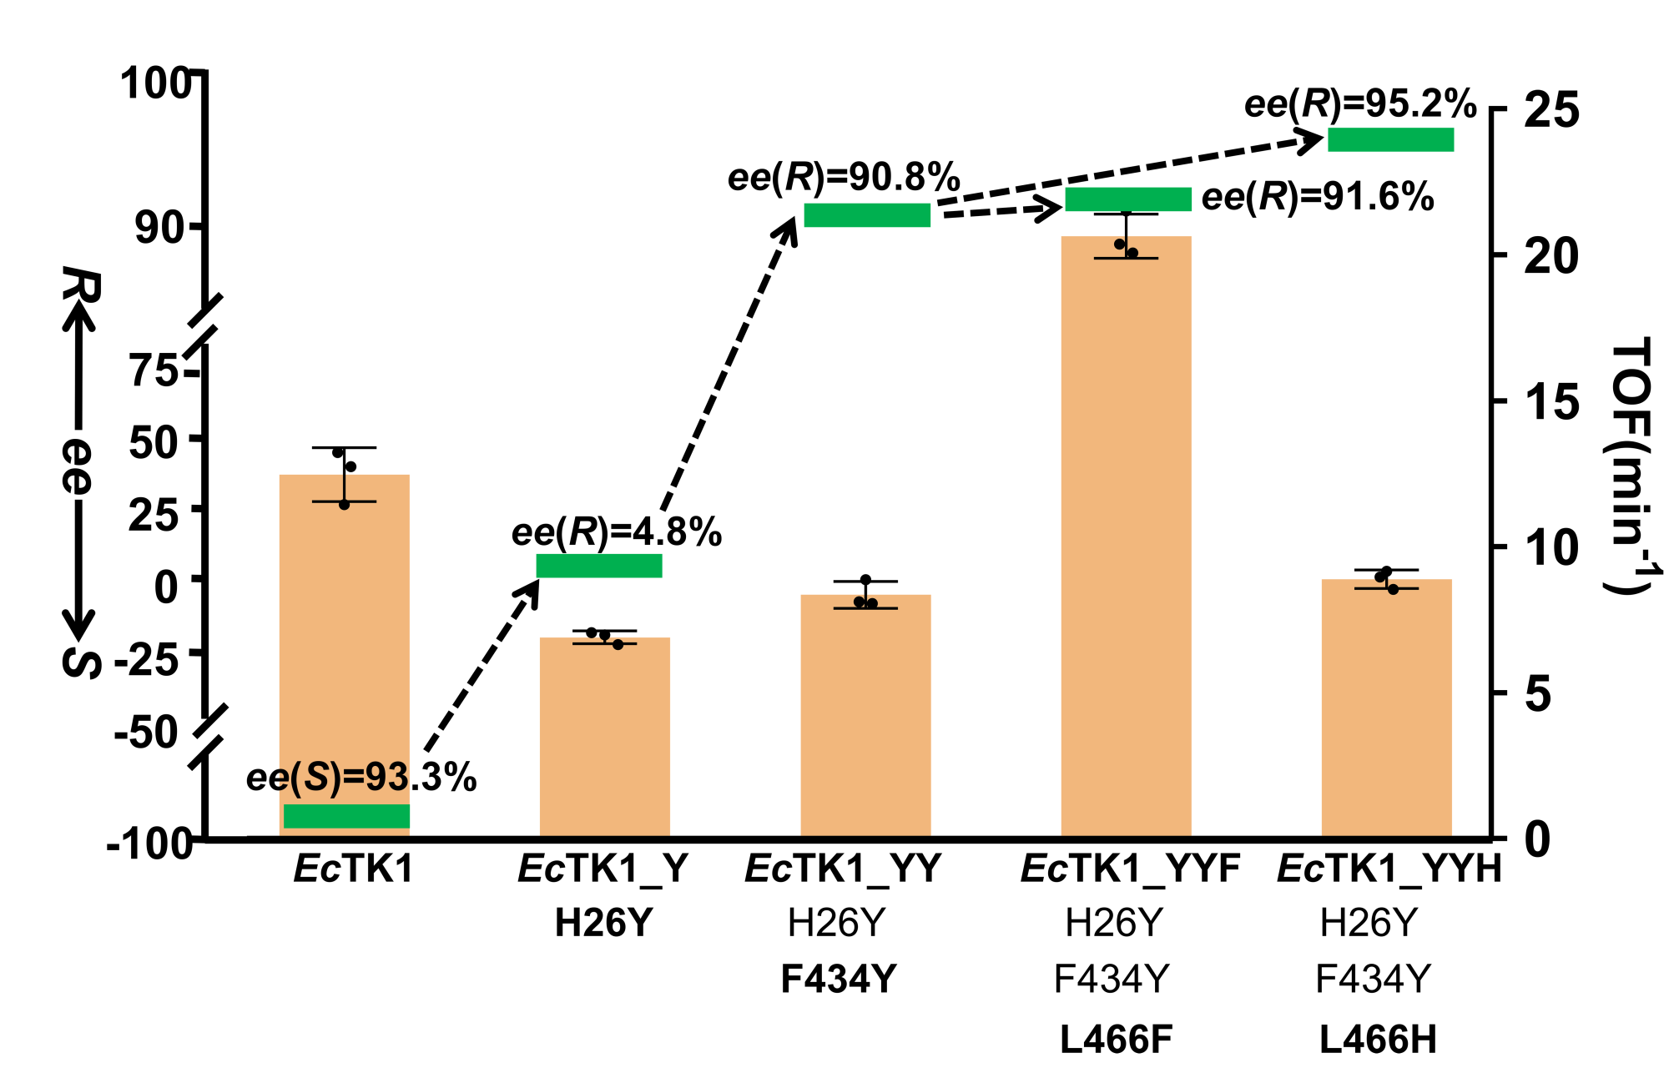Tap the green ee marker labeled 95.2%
[1390, 139]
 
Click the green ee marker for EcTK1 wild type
[346, 816]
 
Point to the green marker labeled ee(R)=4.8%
[599, 566]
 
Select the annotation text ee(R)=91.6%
[1317, 198]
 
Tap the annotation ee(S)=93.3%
[361, 778]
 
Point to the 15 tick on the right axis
[1551, 402]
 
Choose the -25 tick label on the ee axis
[147, 661]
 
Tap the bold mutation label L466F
[1116, 1040]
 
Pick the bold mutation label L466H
[1378, 1040]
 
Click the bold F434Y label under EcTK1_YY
[839, 979]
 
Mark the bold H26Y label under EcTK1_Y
[603, 923]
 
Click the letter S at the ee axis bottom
[81, 661]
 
